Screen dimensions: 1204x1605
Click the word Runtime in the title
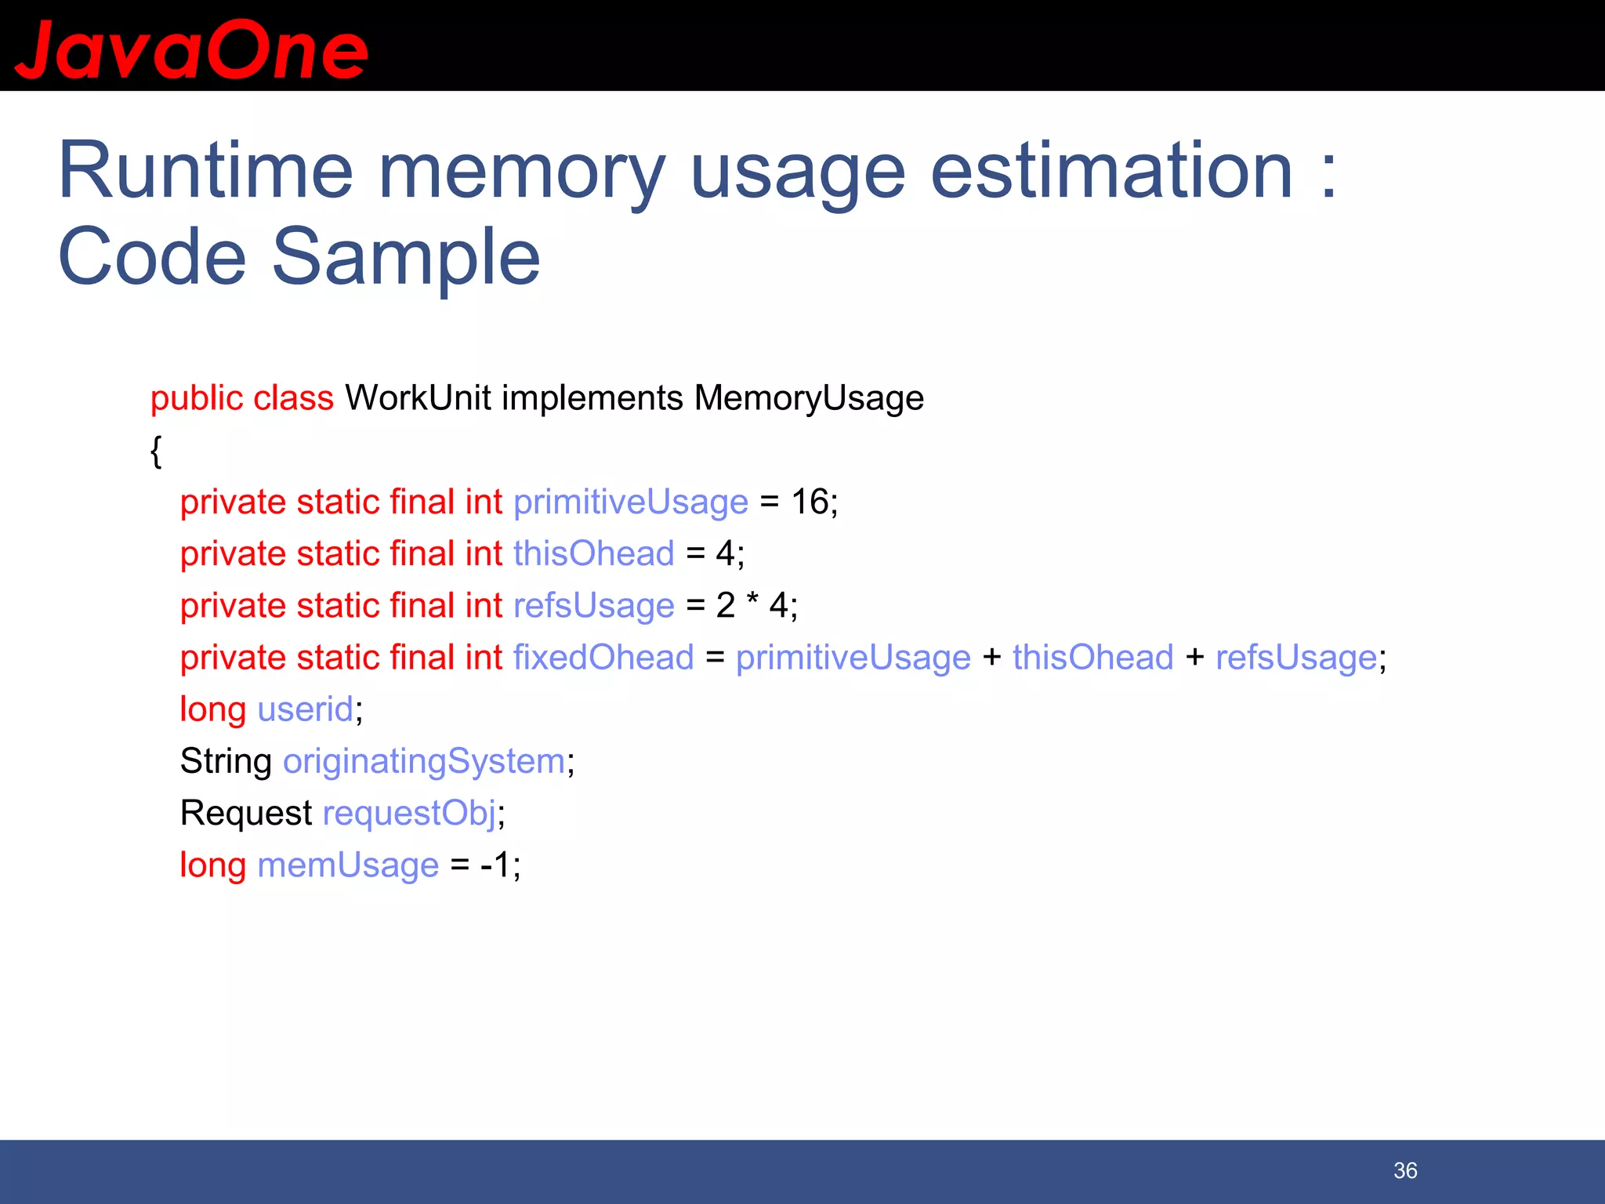tap(205, 171)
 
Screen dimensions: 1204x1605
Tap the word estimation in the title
tap(1111, 171)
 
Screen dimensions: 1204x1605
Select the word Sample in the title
tap(405, 257)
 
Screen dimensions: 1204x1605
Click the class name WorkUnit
tap(418, 398)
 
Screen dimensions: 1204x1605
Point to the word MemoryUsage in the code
tap(809, 398)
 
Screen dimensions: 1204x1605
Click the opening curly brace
tap(156, 451)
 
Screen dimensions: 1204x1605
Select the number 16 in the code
tap(810, 502)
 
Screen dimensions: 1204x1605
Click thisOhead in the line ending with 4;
tap(594, 553)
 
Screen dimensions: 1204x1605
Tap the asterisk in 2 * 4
tap(752, 602)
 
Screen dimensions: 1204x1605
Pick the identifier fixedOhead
tap(603, 657)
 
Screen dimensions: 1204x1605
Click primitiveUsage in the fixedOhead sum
tap(853, 657)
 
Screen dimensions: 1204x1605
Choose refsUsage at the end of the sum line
tap(1295, 657)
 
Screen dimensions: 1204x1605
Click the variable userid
tap(305, 709)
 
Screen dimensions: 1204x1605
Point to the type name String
tap(226, 761)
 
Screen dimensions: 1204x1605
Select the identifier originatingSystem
tap(424, 761)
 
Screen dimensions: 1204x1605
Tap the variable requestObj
tap(409, 813)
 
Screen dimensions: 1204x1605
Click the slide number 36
tap(1405, 1170)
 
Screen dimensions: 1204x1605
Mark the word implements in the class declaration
tap(592, 398)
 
